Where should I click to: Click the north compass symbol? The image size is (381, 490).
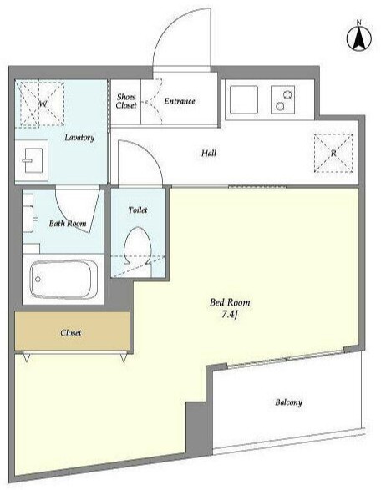click(359, 38)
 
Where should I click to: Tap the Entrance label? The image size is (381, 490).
click(180, 101)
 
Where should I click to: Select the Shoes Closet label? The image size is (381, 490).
click(126, 101)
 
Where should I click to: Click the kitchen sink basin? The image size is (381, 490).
click(244, 99)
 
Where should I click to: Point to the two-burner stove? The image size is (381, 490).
click(282, 99)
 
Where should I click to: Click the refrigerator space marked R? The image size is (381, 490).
click(333, 153)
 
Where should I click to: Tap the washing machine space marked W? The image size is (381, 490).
click(40, 104)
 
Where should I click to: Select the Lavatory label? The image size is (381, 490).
click(79, 138)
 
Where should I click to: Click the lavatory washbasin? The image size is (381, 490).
click(32, 160)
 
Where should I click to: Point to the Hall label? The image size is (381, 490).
click(209, 153)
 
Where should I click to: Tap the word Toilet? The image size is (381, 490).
click(138, 210)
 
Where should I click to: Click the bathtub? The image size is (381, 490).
click(63, 279)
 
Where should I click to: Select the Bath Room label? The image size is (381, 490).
click(68, 224)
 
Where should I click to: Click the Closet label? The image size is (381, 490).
click(71, 333)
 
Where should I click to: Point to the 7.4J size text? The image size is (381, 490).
click(230, 315)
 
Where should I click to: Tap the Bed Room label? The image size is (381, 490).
click(230, 302)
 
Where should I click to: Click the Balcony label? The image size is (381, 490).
click(289, 402)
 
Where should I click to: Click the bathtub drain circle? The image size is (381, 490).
click(38, 279)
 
